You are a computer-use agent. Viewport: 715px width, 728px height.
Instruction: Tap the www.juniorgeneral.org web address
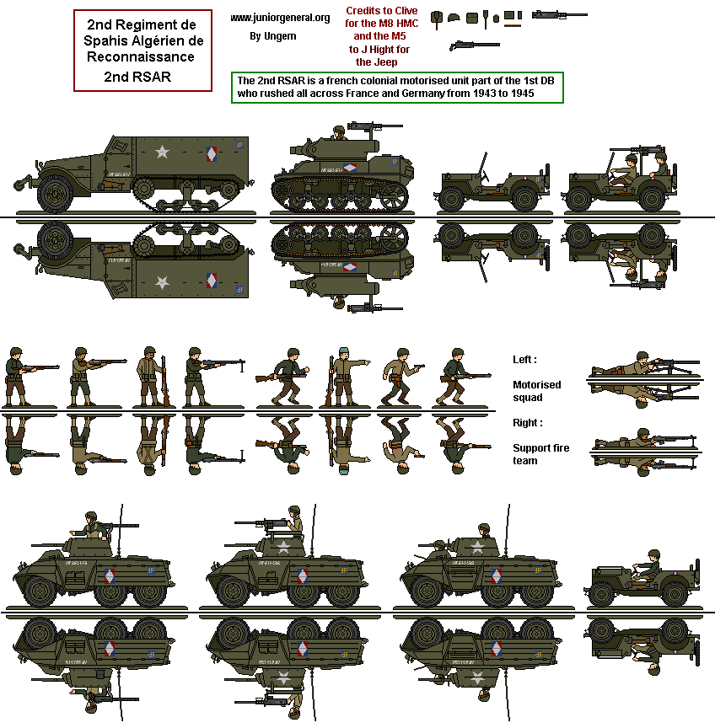coord(280,18)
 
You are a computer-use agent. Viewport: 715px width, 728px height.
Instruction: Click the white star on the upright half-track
coord(162,153)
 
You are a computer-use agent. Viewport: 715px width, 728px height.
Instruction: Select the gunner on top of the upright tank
coord(339,132)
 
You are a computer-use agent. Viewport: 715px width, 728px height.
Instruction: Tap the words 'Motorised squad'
coord(536,391)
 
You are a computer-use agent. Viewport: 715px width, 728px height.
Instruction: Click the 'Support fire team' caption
coord(540,454)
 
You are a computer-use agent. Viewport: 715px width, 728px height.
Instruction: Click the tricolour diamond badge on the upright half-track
coord(212,154)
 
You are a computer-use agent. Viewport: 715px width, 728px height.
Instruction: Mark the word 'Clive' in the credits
coord(406,11)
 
